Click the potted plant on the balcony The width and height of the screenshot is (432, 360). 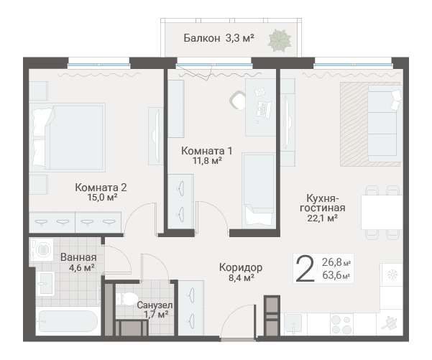[280, 40]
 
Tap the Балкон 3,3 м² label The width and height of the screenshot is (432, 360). [219, 38]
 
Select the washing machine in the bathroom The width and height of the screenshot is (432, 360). [42, 249]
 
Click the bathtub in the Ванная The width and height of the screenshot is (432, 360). [68, 321]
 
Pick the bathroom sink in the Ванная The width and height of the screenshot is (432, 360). [45, 284]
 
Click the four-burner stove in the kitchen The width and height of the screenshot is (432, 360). [341, 325]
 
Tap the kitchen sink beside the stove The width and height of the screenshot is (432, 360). [295, 324]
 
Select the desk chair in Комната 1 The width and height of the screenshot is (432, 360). [237, 101]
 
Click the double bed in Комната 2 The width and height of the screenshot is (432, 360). [67, 137]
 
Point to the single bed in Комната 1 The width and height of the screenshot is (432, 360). [258, 190]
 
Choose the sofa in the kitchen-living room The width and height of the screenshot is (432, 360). [385, 123]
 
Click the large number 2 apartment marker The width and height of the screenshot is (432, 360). [305, 268]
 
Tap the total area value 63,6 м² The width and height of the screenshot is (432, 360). [336, 275]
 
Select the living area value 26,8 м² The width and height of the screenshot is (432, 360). [336, 262]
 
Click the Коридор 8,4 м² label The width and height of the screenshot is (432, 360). [241, 272]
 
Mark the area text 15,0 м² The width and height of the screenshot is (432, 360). [103, 197]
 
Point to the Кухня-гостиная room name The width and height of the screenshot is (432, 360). [322, 203]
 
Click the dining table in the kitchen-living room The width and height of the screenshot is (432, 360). [382, 212]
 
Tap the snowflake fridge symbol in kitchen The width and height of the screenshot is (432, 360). [392, 274]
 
